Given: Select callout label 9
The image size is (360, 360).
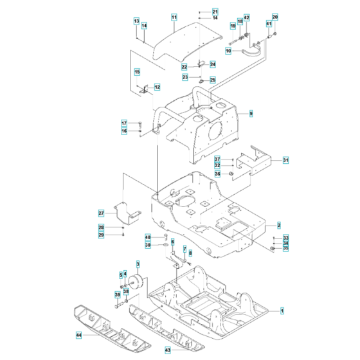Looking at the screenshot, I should (x=251, y=113).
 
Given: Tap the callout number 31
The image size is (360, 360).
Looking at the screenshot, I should (x=286, y=160).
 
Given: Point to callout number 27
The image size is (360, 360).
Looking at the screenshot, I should (x=101, y=213).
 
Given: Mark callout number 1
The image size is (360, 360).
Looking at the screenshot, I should (x=282, y=310).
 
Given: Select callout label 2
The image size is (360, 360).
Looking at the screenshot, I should (x=278, y=225).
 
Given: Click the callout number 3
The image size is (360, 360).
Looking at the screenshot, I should (x=137, y=264).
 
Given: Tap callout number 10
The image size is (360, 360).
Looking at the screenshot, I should (x=228, y=50).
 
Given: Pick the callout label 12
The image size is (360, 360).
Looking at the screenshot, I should (x=157, y=87).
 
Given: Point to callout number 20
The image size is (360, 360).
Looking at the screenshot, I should (x=275, y=16).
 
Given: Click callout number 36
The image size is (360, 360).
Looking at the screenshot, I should (x=217, y=174).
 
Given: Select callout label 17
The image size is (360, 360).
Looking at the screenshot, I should (x=125, y=123).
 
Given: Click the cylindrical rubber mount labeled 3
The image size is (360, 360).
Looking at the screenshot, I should (x=136, y=283).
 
